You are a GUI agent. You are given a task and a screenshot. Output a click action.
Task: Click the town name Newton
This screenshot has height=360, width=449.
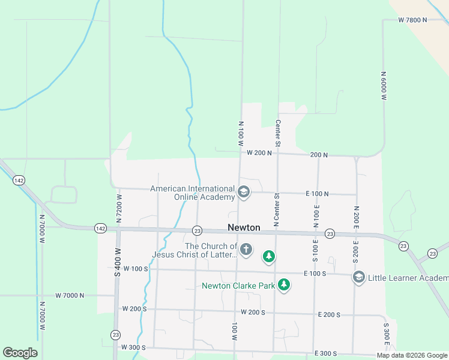click(244, 227)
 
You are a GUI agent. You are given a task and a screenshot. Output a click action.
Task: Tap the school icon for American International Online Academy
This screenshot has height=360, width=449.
click(244, 193)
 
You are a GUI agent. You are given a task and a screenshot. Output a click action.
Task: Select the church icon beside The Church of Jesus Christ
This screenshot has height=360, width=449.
click(246, 249)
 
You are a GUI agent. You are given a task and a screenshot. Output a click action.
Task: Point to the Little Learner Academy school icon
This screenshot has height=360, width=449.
click(359, 277)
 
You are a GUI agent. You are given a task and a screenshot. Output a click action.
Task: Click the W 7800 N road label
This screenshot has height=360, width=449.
click(412, 20)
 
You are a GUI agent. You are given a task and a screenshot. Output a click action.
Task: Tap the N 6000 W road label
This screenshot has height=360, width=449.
click(383, 85)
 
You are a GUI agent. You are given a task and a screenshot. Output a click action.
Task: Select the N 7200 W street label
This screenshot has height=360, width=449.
click(119, 206)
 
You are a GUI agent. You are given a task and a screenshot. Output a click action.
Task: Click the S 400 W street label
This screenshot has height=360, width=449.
click(118, 262)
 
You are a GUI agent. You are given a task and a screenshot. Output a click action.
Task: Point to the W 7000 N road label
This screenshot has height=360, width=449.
click(70, 295)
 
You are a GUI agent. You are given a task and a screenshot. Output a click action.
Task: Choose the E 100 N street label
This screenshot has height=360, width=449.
click(317, 193)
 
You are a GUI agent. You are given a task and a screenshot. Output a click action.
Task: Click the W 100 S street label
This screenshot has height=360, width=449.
click(134, 268)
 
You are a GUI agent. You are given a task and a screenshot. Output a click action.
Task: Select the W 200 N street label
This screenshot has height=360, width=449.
click(259, 153)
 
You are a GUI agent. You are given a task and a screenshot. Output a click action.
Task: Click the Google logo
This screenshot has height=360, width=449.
click(20, 353)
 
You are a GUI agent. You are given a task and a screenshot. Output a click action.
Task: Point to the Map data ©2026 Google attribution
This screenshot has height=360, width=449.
click(412, 355)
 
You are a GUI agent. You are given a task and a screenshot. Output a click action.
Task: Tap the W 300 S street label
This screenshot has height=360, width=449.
click(133, 347)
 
